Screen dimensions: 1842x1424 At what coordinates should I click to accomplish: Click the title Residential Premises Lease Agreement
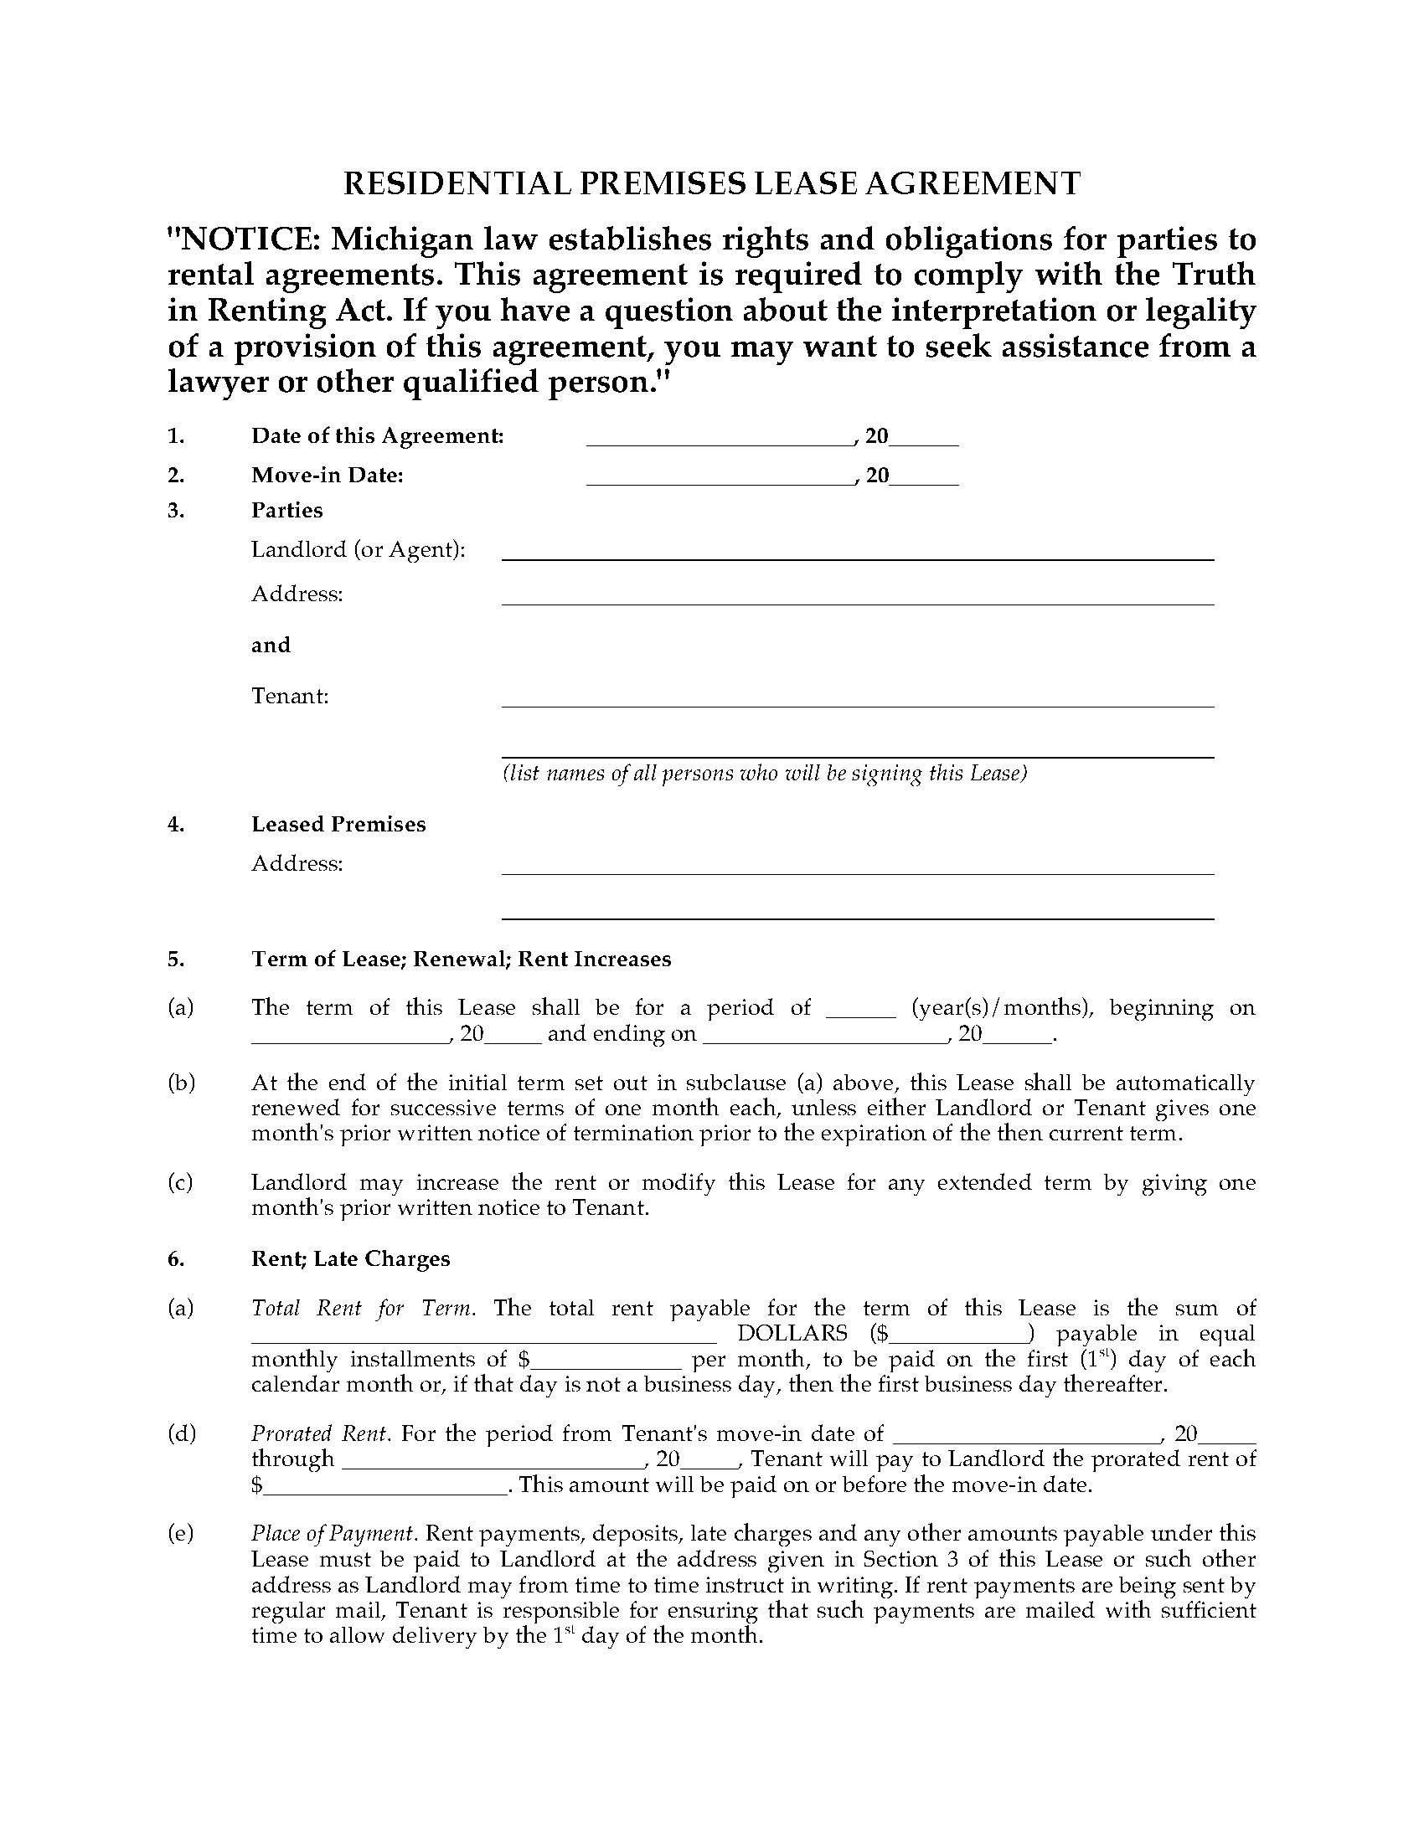[711, 184]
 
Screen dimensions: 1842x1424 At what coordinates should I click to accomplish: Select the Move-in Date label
[328, 475]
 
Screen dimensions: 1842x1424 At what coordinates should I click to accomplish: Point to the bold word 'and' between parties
[271, 646]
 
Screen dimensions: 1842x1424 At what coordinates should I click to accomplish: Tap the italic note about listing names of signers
[764, 773]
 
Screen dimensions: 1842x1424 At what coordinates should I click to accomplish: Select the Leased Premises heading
[338, 824]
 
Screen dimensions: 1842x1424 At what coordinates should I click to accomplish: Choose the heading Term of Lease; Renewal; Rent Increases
[461, 959]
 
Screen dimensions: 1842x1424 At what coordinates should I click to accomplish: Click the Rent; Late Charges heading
[350, 1258]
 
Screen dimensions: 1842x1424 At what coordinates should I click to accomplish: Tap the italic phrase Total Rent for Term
[363, 1308]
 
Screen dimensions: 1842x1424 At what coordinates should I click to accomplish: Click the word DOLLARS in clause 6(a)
[792, 1334]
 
